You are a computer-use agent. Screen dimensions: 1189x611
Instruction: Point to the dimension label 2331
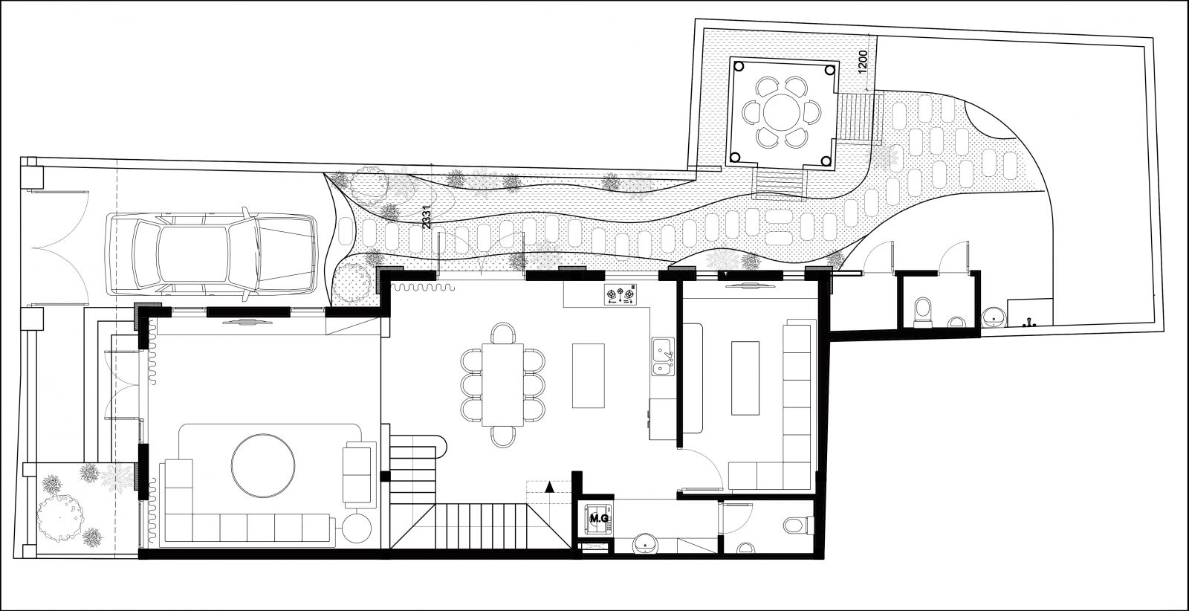tap(427, 217)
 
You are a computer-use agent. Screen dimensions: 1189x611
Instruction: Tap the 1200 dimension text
tap(863, 62)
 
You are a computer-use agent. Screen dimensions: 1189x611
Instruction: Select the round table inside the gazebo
tap(782, 112)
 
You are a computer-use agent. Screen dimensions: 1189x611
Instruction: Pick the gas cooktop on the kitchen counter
tap(621, 294)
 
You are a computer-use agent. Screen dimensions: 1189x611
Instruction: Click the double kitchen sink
tap(663, 356)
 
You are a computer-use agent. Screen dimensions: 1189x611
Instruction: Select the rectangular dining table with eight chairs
tap(502, 385)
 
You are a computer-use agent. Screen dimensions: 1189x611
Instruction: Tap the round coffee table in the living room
tap(263, 465)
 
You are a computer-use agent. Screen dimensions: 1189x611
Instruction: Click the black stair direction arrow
tap(550, 487)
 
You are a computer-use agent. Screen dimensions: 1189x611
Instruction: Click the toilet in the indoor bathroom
tap(798, 526)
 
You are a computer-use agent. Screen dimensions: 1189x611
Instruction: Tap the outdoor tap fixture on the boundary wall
tap(1028, 321)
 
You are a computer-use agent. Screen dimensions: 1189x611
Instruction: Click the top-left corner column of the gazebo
tap(739, 67)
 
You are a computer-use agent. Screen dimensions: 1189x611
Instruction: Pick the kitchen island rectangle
tap(588, 375)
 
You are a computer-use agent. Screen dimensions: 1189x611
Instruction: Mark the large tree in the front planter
tap(60, 518)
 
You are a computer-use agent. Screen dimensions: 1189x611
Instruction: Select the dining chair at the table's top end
tap(502, 333)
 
